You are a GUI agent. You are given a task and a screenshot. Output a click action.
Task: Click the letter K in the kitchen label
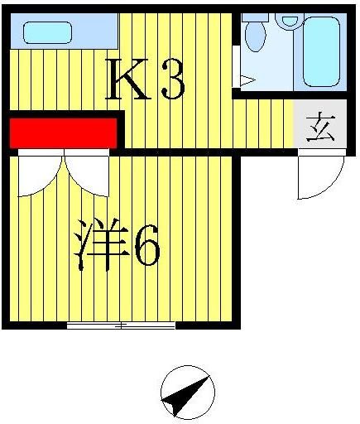pyautogui.click(x=128, y=81)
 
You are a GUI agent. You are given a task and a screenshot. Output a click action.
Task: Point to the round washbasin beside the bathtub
pyautogui.click(x=287, y=20)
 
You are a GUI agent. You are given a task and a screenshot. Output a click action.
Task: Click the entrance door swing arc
pyautogui.click(x=323, y=178)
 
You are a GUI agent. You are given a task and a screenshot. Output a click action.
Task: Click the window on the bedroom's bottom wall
pyautogui.click(x=121, y=325)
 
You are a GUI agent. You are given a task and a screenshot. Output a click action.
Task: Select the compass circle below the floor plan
pyautogui.click(x=187, y=394)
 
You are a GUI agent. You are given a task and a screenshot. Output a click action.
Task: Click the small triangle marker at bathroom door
pyautogui.click(x=246, y=80)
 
